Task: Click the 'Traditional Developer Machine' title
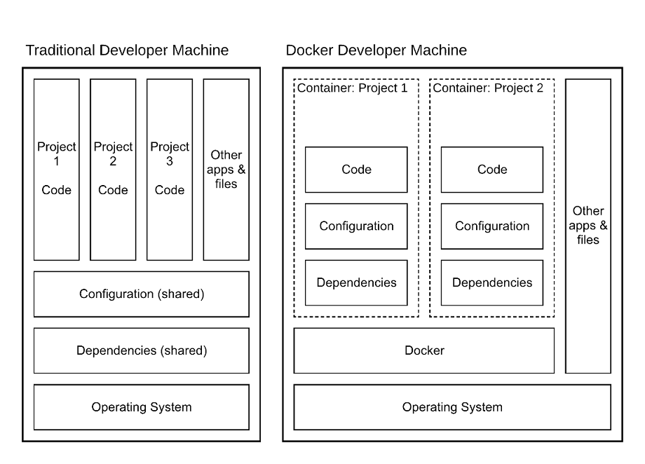127,50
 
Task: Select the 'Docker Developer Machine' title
376,50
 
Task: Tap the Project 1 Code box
57,169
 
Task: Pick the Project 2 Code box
113,169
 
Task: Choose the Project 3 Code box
170,169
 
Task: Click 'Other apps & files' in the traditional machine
226,169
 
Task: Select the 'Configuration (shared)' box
142,294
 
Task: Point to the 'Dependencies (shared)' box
142,350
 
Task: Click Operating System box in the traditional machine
142,407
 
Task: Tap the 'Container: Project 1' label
352,88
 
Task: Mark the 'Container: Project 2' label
488,88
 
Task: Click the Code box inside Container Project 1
356,170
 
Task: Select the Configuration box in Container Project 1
356,226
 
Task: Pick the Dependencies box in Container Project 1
356,283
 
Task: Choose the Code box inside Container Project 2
492,170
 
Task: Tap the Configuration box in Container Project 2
492,226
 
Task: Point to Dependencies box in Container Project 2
492,283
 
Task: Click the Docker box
424,350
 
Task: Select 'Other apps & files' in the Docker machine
588,225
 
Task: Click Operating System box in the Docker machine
452,407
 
